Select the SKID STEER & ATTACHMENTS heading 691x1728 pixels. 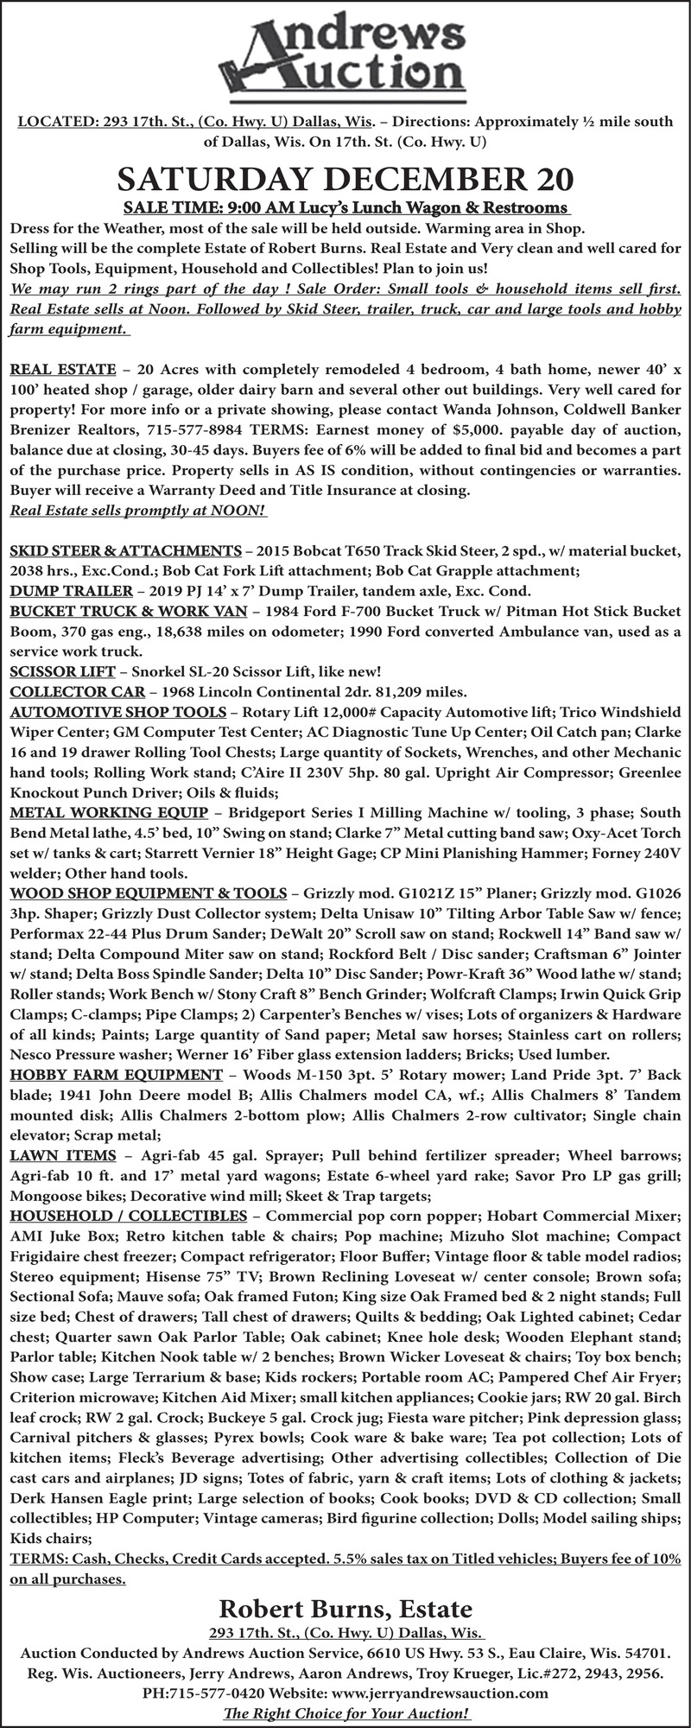point(125,550)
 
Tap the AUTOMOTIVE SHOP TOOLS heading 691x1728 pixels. point(117,712)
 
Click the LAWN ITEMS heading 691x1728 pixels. point(63,1155)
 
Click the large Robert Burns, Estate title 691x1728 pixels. point(345,1610)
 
